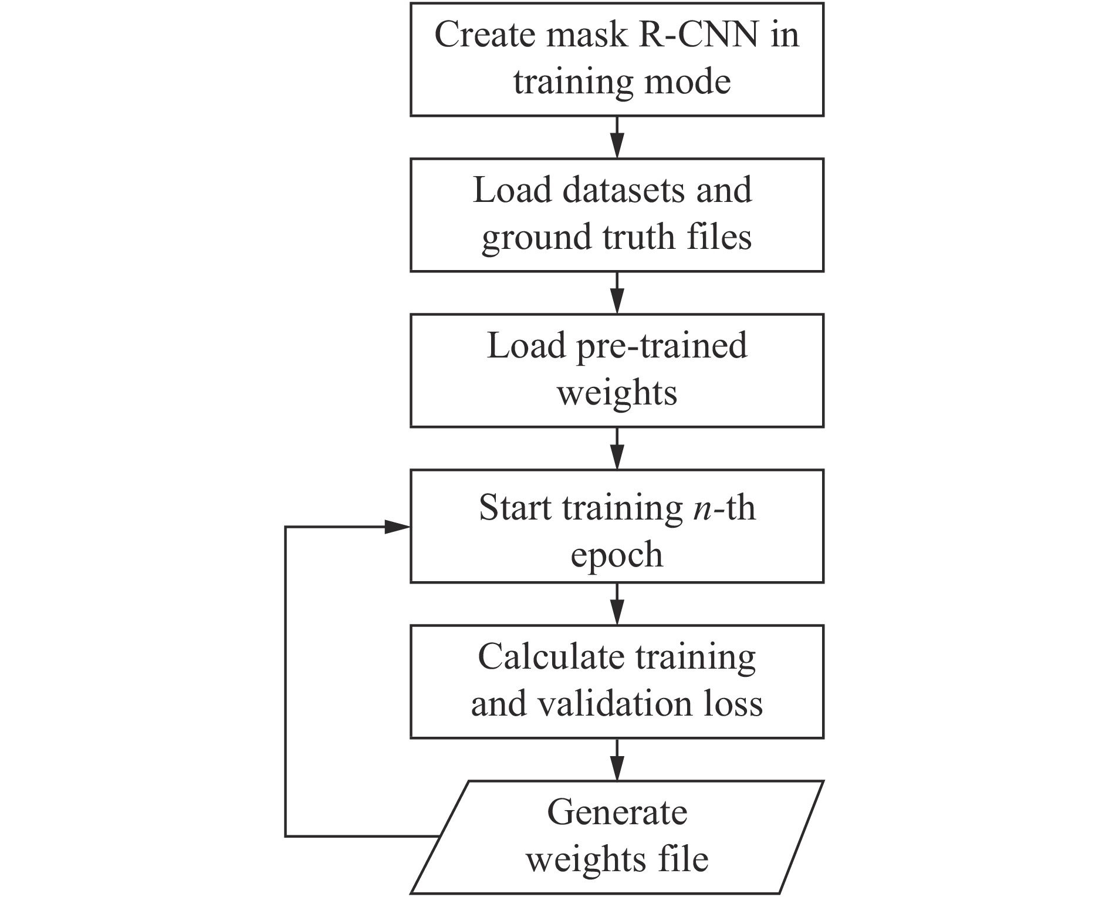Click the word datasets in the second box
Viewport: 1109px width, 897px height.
click(x=624, y=190)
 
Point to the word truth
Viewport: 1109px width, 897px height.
click(x=640, y=237)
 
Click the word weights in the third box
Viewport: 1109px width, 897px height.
click(x=617, y=393)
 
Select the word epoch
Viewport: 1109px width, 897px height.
click(x=617, y=555)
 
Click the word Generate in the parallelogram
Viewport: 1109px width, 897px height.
click(x=617, y=813)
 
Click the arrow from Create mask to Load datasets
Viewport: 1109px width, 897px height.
click(x=617, y=137)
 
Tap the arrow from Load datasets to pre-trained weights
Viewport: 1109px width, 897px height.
click(x=617, y=293)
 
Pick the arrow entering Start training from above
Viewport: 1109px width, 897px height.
click(x=617, y=448)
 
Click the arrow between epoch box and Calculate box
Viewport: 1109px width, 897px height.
click(x=617, y=604)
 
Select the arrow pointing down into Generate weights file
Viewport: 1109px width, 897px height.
click(x=617, y=760)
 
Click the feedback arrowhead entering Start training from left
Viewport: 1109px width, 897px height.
click(x=397, y=527)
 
